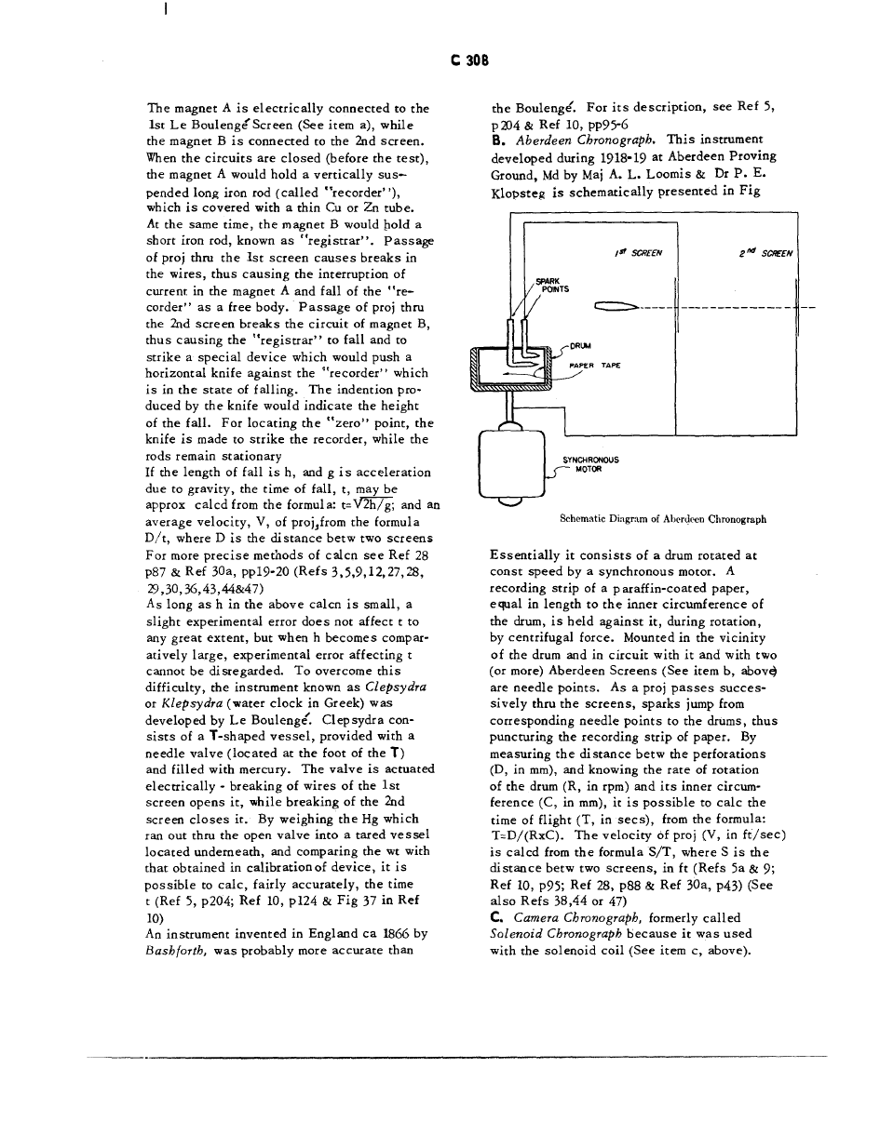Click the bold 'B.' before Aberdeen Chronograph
(x=496, y=152)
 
